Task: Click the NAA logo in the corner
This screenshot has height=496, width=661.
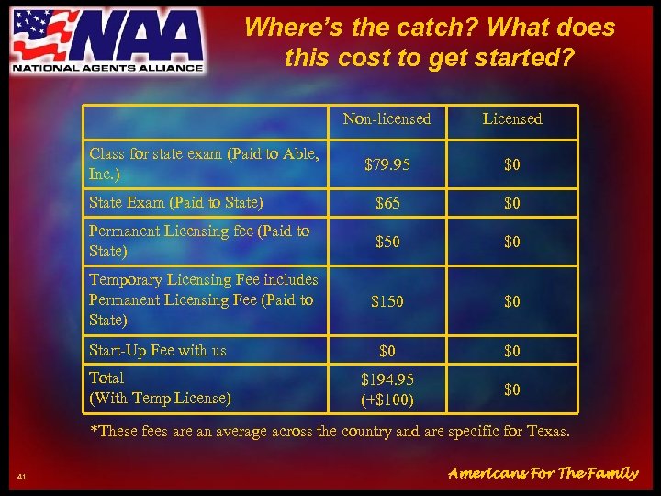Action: [106, 40]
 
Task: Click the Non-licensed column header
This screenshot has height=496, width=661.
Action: [387, 118]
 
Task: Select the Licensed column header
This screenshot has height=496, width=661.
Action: [512, 118]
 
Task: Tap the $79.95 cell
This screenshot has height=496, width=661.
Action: [387, 165]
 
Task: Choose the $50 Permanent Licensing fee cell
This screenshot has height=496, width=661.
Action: [387, 241]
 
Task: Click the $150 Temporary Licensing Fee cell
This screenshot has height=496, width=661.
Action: [387, 300]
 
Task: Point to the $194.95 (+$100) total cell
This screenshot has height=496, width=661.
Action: [387, 390]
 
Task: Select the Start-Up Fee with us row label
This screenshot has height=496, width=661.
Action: [158, 350]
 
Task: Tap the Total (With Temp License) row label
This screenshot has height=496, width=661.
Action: [160, 388]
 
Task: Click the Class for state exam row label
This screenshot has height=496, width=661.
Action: [204, 163]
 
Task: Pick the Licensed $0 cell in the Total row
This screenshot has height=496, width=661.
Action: [512, 389]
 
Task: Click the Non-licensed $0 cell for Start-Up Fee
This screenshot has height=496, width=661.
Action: [387, 351]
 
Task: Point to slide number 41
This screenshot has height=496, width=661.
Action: [22, 475]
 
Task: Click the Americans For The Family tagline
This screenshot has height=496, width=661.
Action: [543, 473]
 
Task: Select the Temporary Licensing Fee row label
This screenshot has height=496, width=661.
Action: [203, 299]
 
